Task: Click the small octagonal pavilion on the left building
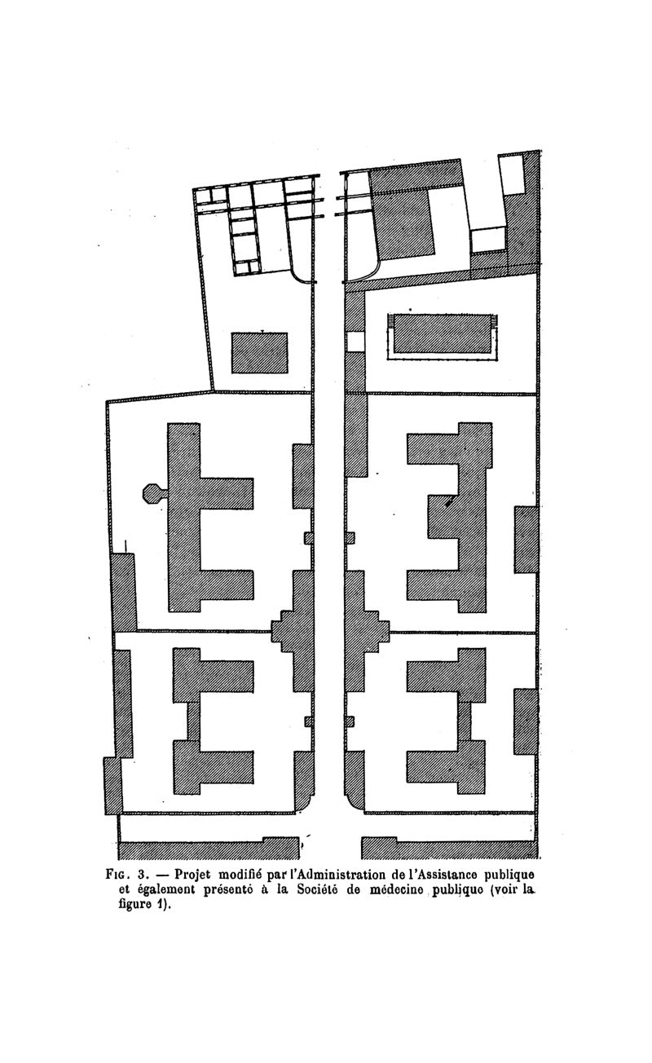click(x=152, y=494)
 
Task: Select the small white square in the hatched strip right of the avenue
click(x=355, y=342)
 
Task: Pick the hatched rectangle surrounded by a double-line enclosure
click(x=443, y=333)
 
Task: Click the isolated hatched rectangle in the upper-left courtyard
click(x=259, y=353)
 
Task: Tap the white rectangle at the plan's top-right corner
click(x=513, y=174)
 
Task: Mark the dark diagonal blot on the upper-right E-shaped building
click(x=447, y=502)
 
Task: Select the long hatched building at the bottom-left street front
click(x=209, y=849)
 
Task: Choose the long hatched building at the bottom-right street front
click(x=450, y=849)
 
